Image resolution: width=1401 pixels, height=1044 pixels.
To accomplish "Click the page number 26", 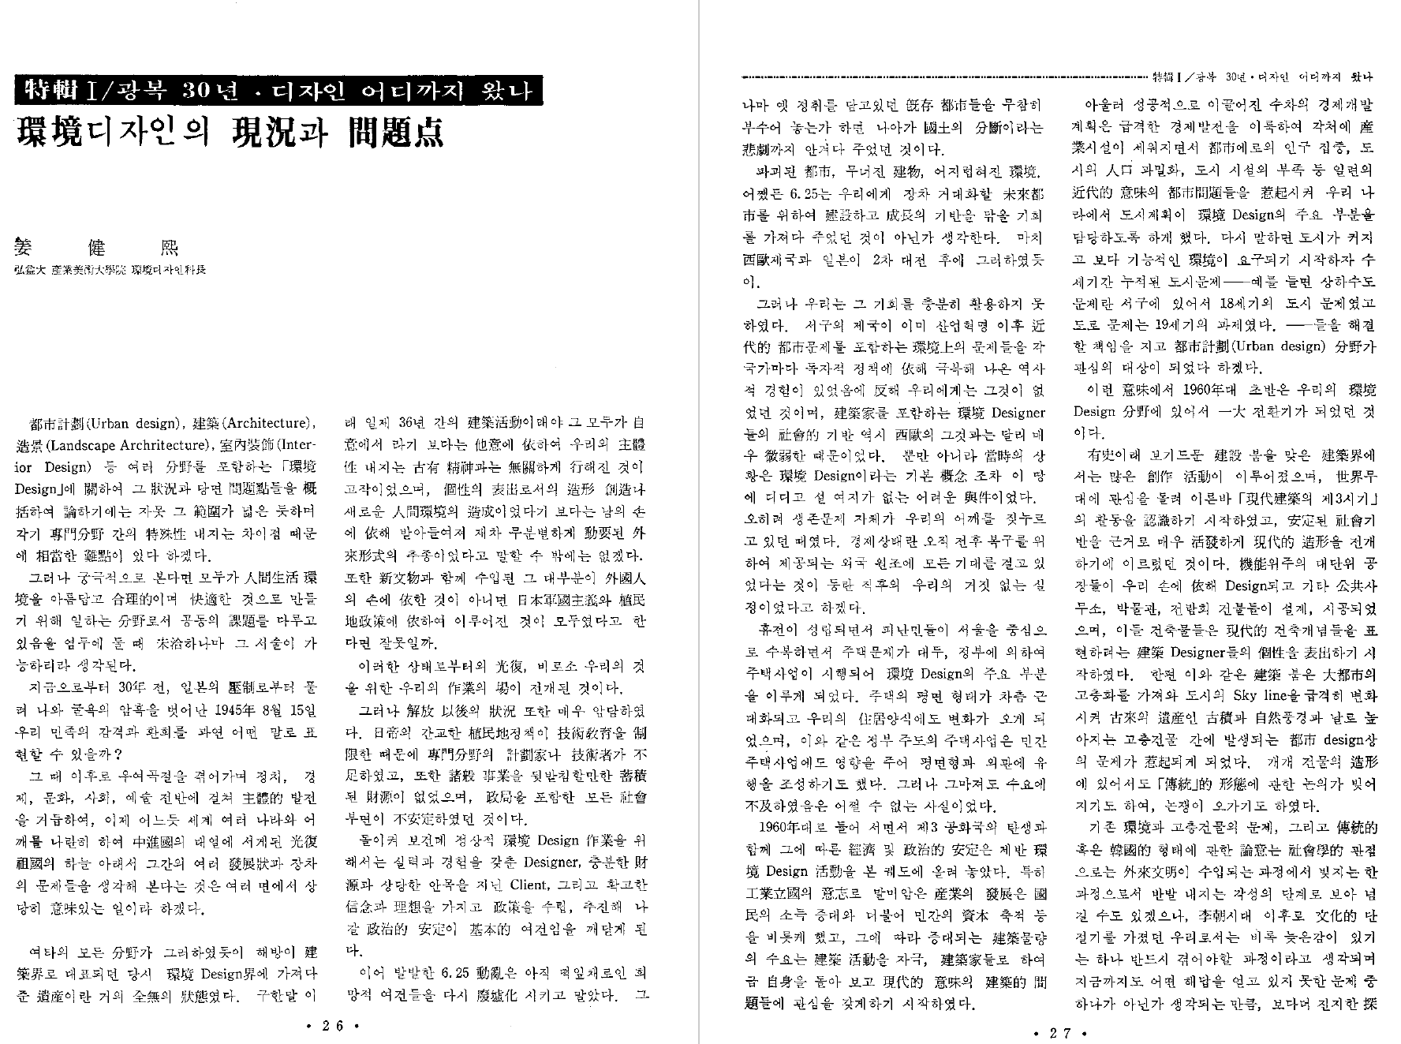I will [x=332, y=1026].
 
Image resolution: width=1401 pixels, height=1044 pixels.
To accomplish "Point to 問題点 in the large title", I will [x=395, y=133].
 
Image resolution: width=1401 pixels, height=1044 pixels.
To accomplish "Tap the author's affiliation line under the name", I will [x=110, y=270].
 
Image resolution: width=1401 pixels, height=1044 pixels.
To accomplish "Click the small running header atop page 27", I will [x=1262, y=77].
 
